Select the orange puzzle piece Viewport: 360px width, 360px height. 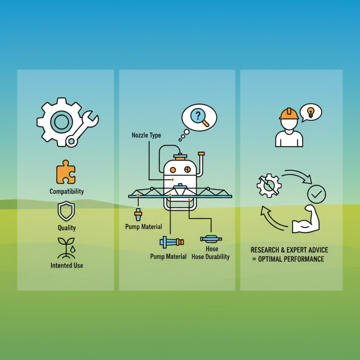click(x=66, y=172)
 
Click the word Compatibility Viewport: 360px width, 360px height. click(x=67, y=191)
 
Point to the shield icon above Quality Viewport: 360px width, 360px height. click(x=66, y=211)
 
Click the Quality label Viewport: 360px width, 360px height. click(x=67, y=228)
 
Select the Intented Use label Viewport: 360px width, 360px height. click(x=67, y=265)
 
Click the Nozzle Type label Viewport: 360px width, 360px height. click(x=146, y=135)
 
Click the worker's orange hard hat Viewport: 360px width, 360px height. click(x=289, y=113)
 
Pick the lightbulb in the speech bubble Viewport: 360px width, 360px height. click(x=310, y=111)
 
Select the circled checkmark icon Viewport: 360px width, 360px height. click(x=316, y=194)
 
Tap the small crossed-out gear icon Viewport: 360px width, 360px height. click(x=269, y=185)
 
